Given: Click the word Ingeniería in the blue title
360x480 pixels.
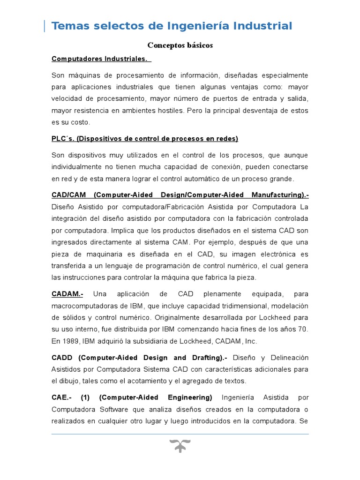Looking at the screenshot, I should click(x=197, y=26).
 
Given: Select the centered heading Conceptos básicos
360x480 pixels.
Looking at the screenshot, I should click(x=180, y=45).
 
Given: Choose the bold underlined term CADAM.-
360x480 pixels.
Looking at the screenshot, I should click(x=67, y=294).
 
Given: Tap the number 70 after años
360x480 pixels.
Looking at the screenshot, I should click(x=303, y=330).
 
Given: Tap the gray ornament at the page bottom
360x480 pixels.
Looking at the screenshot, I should click(x=180, y=446).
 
